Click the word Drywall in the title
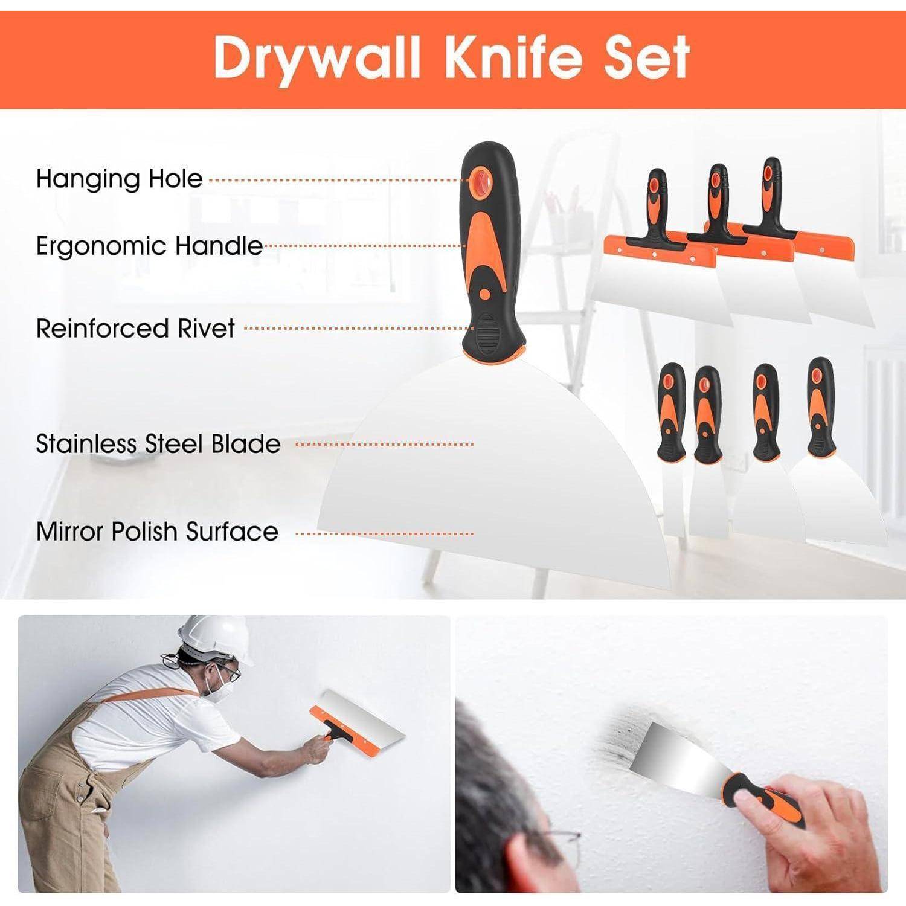tap(318, 59)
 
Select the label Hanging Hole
tap(119, 179)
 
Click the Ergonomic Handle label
tap(149, 246)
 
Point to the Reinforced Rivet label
tap(135, 328)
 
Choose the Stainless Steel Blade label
tap(158, 444)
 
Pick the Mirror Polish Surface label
tap(157, 532)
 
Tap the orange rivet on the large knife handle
tap(484, 294)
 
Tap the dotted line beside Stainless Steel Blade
tap(385, 445)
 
